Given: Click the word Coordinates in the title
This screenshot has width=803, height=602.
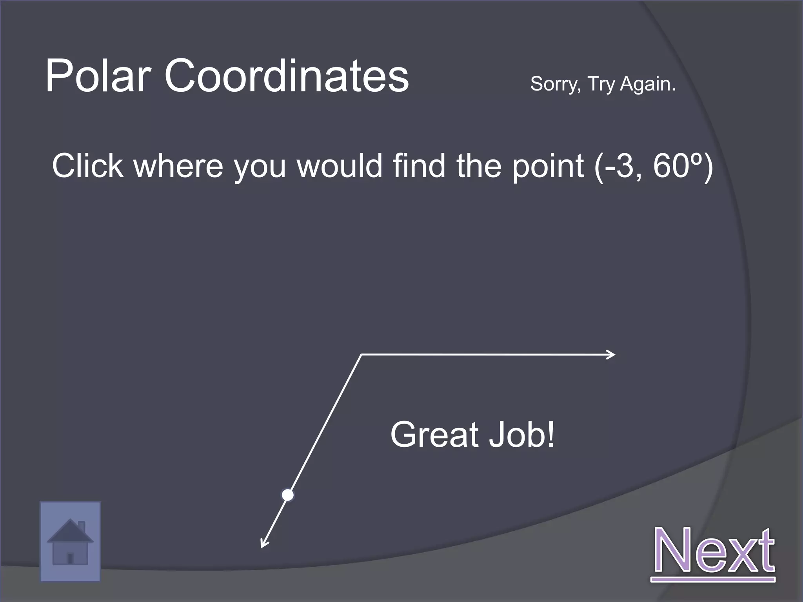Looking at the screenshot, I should coord(286,75).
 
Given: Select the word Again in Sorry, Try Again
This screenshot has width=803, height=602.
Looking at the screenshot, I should coord(648,83).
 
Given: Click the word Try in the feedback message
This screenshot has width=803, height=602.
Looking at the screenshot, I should coord(601,84).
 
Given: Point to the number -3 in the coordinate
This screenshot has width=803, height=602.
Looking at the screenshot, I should coord(620,165).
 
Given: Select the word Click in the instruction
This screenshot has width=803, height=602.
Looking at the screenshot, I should coord(88,165).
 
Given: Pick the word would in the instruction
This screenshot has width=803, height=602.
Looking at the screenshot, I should coord(340,165).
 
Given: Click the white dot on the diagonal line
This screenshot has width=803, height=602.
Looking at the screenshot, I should coord(288,495).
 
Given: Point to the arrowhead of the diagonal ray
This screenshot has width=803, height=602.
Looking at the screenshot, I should coord(263,545).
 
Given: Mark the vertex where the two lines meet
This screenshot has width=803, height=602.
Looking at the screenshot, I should coord(361,355).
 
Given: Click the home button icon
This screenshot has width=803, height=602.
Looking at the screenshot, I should coord(70,541).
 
